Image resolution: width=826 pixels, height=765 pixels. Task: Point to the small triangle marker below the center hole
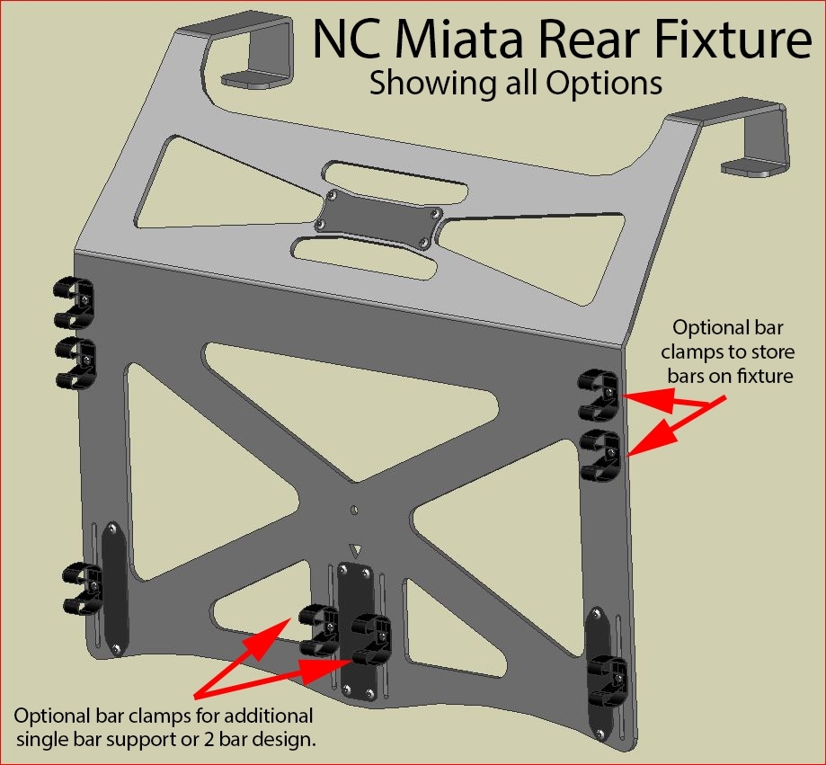(x=357, y=548)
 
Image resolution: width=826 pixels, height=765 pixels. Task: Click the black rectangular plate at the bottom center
(x=357, y=629)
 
